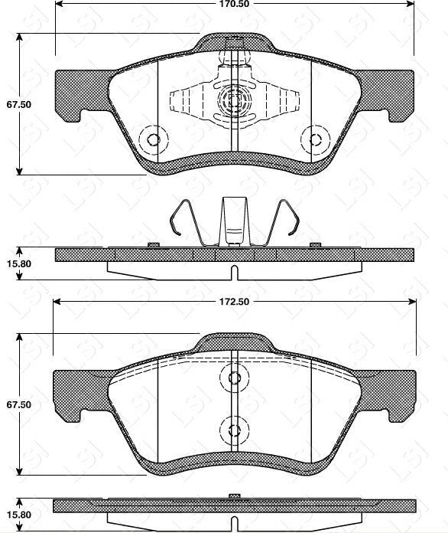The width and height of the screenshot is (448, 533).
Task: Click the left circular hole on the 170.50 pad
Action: pyautogui.click(x=154, y=139)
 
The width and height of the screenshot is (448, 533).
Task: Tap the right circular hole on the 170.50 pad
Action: pyautogui.click(x=313, y=139)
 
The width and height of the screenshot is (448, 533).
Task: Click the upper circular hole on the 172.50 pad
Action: pyautogui.click(x=234, y=377)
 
